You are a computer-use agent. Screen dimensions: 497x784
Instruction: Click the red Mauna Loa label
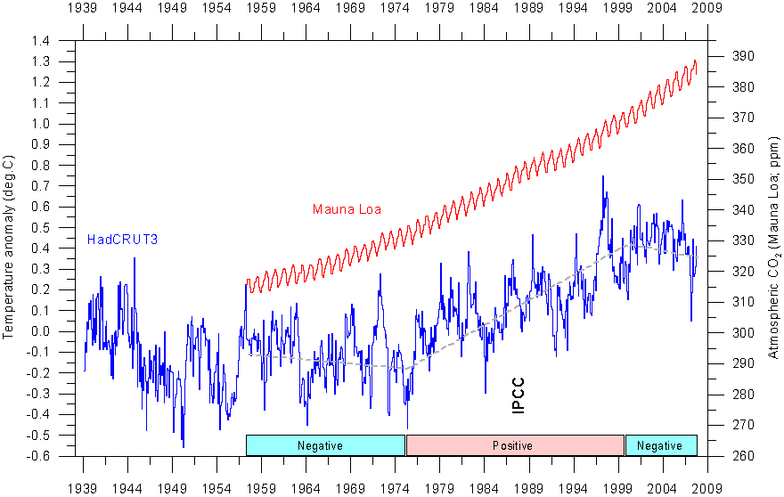(347, 209)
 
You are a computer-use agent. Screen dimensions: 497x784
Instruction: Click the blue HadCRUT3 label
(122, 239)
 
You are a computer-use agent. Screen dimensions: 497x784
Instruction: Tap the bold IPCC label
(519, 395)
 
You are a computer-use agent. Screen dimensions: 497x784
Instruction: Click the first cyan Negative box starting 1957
(325, 445)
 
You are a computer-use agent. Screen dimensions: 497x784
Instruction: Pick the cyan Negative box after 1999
(660, 445)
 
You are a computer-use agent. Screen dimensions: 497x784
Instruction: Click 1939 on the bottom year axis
(84, 488)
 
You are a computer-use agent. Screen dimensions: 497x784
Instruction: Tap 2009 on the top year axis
(708, 9)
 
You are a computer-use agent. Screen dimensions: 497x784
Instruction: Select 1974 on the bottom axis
(396, 488)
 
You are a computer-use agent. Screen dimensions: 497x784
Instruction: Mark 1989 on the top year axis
(529, 9)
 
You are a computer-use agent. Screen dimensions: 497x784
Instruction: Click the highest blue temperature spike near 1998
(603, 176)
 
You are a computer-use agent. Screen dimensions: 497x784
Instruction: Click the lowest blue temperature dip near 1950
(183, 446)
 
